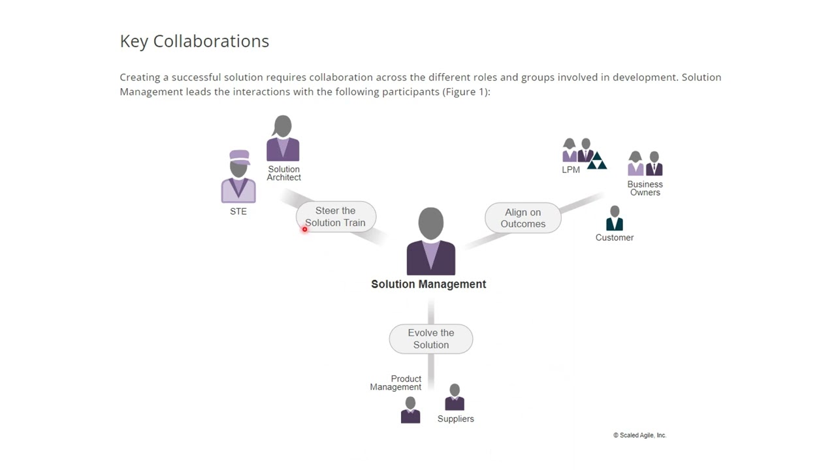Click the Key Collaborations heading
click(195, 41)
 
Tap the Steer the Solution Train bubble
click(336, 217)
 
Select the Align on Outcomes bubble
click(523, 218)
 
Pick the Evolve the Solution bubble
click(431, 339)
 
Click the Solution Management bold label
click(428, 284)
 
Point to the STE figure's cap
click(240, 157)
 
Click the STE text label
click(238, 211)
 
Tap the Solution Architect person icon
click(283, 138)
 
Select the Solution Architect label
click(283, 174)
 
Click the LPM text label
click(571, 170)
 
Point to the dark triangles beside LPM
click(597, 161)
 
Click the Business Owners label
click(645, 189)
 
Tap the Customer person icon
click(615, 218)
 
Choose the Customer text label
click(615, 238)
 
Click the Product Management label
click(396, 383)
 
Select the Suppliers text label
click(456, 419)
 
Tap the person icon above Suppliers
click(455, 398)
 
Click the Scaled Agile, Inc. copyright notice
click(639, 435)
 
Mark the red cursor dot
click(305, 229)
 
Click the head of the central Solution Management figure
click(431, 223)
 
